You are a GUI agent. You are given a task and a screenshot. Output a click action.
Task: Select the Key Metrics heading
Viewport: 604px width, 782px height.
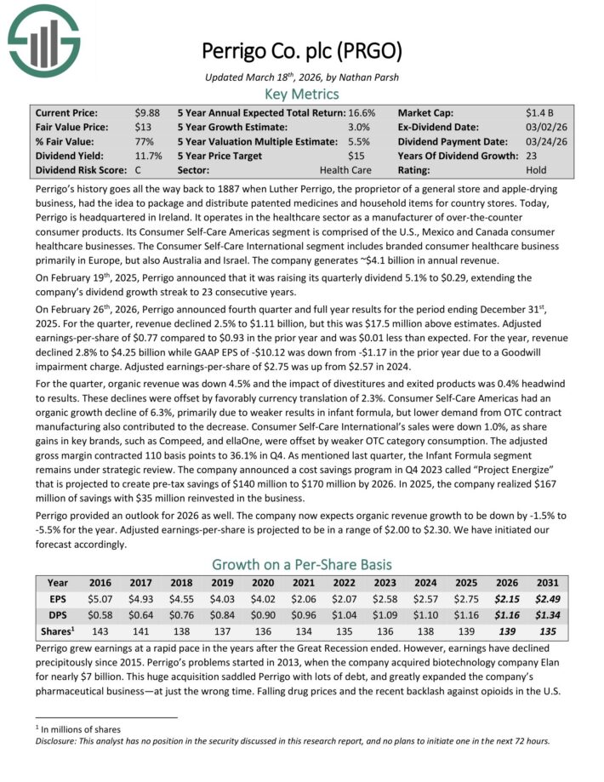coord(302,94)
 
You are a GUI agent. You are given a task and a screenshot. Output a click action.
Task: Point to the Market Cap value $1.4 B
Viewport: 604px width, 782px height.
coord(540,112)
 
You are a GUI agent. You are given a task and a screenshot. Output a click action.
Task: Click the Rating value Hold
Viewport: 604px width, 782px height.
coord(537,170)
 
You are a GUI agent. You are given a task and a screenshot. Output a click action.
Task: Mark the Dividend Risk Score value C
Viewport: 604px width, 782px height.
coord(139,170)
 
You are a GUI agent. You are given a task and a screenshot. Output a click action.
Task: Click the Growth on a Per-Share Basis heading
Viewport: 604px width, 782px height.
coord(302,564)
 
